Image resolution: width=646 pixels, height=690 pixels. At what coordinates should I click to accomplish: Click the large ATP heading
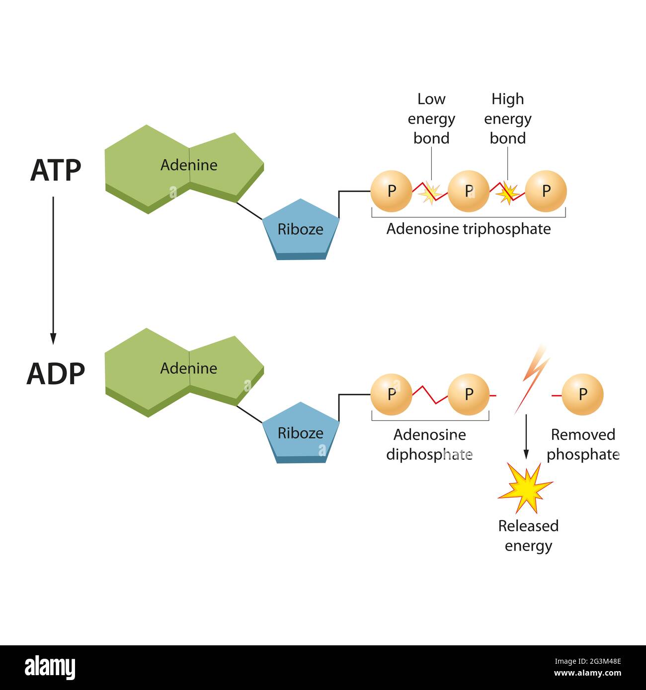(55, 170)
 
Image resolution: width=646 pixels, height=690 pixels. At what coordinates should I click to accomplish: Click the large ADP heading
(55, 374)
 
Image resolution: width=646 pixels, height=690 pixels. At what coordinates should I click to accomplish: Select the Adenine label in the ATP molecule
(188, 165)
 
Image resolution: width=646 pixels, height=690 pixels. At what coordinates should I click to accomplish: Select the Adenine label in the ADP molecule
(188, 368)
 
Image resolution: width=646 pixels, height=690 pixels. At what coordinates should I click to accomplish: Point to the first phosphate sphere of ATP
(391, 191)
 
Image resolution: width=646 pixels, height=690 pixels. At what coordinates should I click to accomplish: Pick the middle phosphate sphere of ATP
(468, 191)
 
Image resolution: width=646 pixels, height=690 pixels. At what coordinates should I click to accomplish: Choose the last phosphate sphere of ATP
(546, 191)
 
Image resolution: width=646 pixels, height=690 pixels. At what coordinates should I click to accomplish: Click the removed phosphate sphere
(582, 394)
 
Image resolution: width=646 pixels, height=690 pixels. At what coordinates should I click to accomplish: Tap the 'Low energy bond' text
(431, 119)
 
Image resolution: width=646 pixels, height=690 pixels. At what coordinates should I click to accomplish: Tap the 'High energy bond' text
(507, 119)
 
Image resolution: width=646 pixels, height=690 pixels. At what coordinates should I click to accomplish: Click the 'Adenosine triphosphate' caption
(468, 229)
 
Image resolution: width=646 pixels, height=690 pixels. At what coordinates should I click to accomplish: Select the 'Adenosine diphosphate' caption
(429, 444)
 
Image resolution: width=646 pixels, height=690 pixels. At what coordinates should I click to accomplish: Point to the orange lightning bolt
(532, 380)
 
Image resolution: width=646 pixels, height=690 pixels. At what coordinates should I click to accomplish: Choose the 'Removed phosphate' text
(582, 444)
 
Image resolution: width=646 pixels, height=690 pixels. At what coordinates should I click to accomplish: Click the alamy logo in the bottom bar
(50, 668)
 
